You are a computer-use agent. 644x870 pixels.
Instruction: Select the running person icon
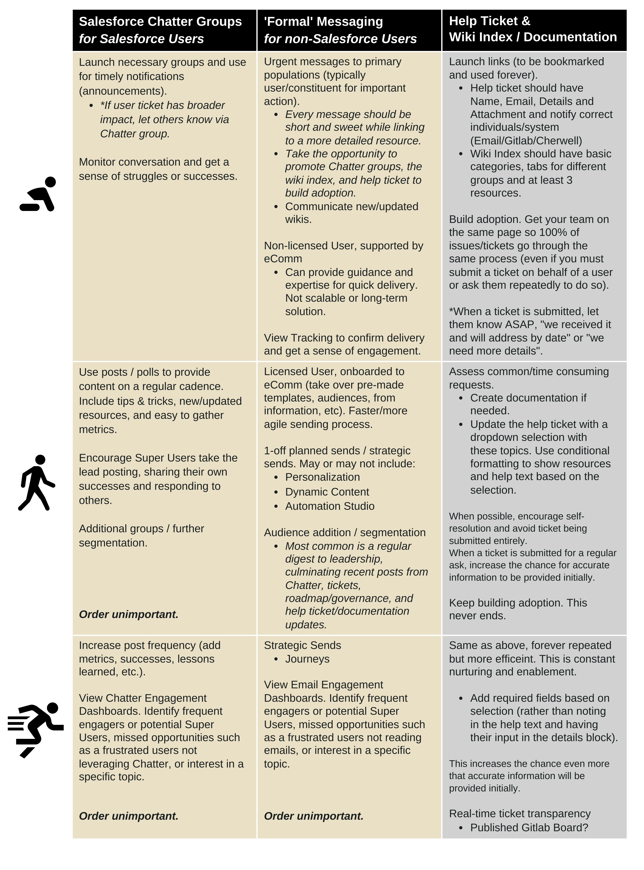coord(36,729)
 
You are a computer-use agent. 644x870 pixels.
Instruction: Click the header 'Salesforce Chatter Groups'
coord(160,21)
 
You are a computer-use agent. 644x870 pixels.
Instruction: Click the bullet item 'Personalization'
coord(322,477)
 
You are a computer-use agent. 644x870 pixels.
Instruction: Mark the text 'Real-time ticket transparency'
coord(520,813)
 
